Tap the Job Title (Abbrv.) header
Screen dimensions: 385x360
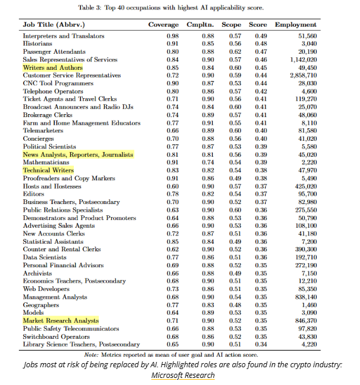pyautogui.click(x=53, y=25)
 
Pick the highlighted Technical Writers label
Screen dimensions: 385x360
pyautogui.click(x=48, y=170)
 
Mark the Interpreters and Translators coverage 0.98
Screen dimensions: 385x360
pyautogui.click(x=173, y=36)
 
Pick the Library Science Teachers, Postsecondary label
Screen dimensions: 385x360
pyautogui.click(x=81, y=344)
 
